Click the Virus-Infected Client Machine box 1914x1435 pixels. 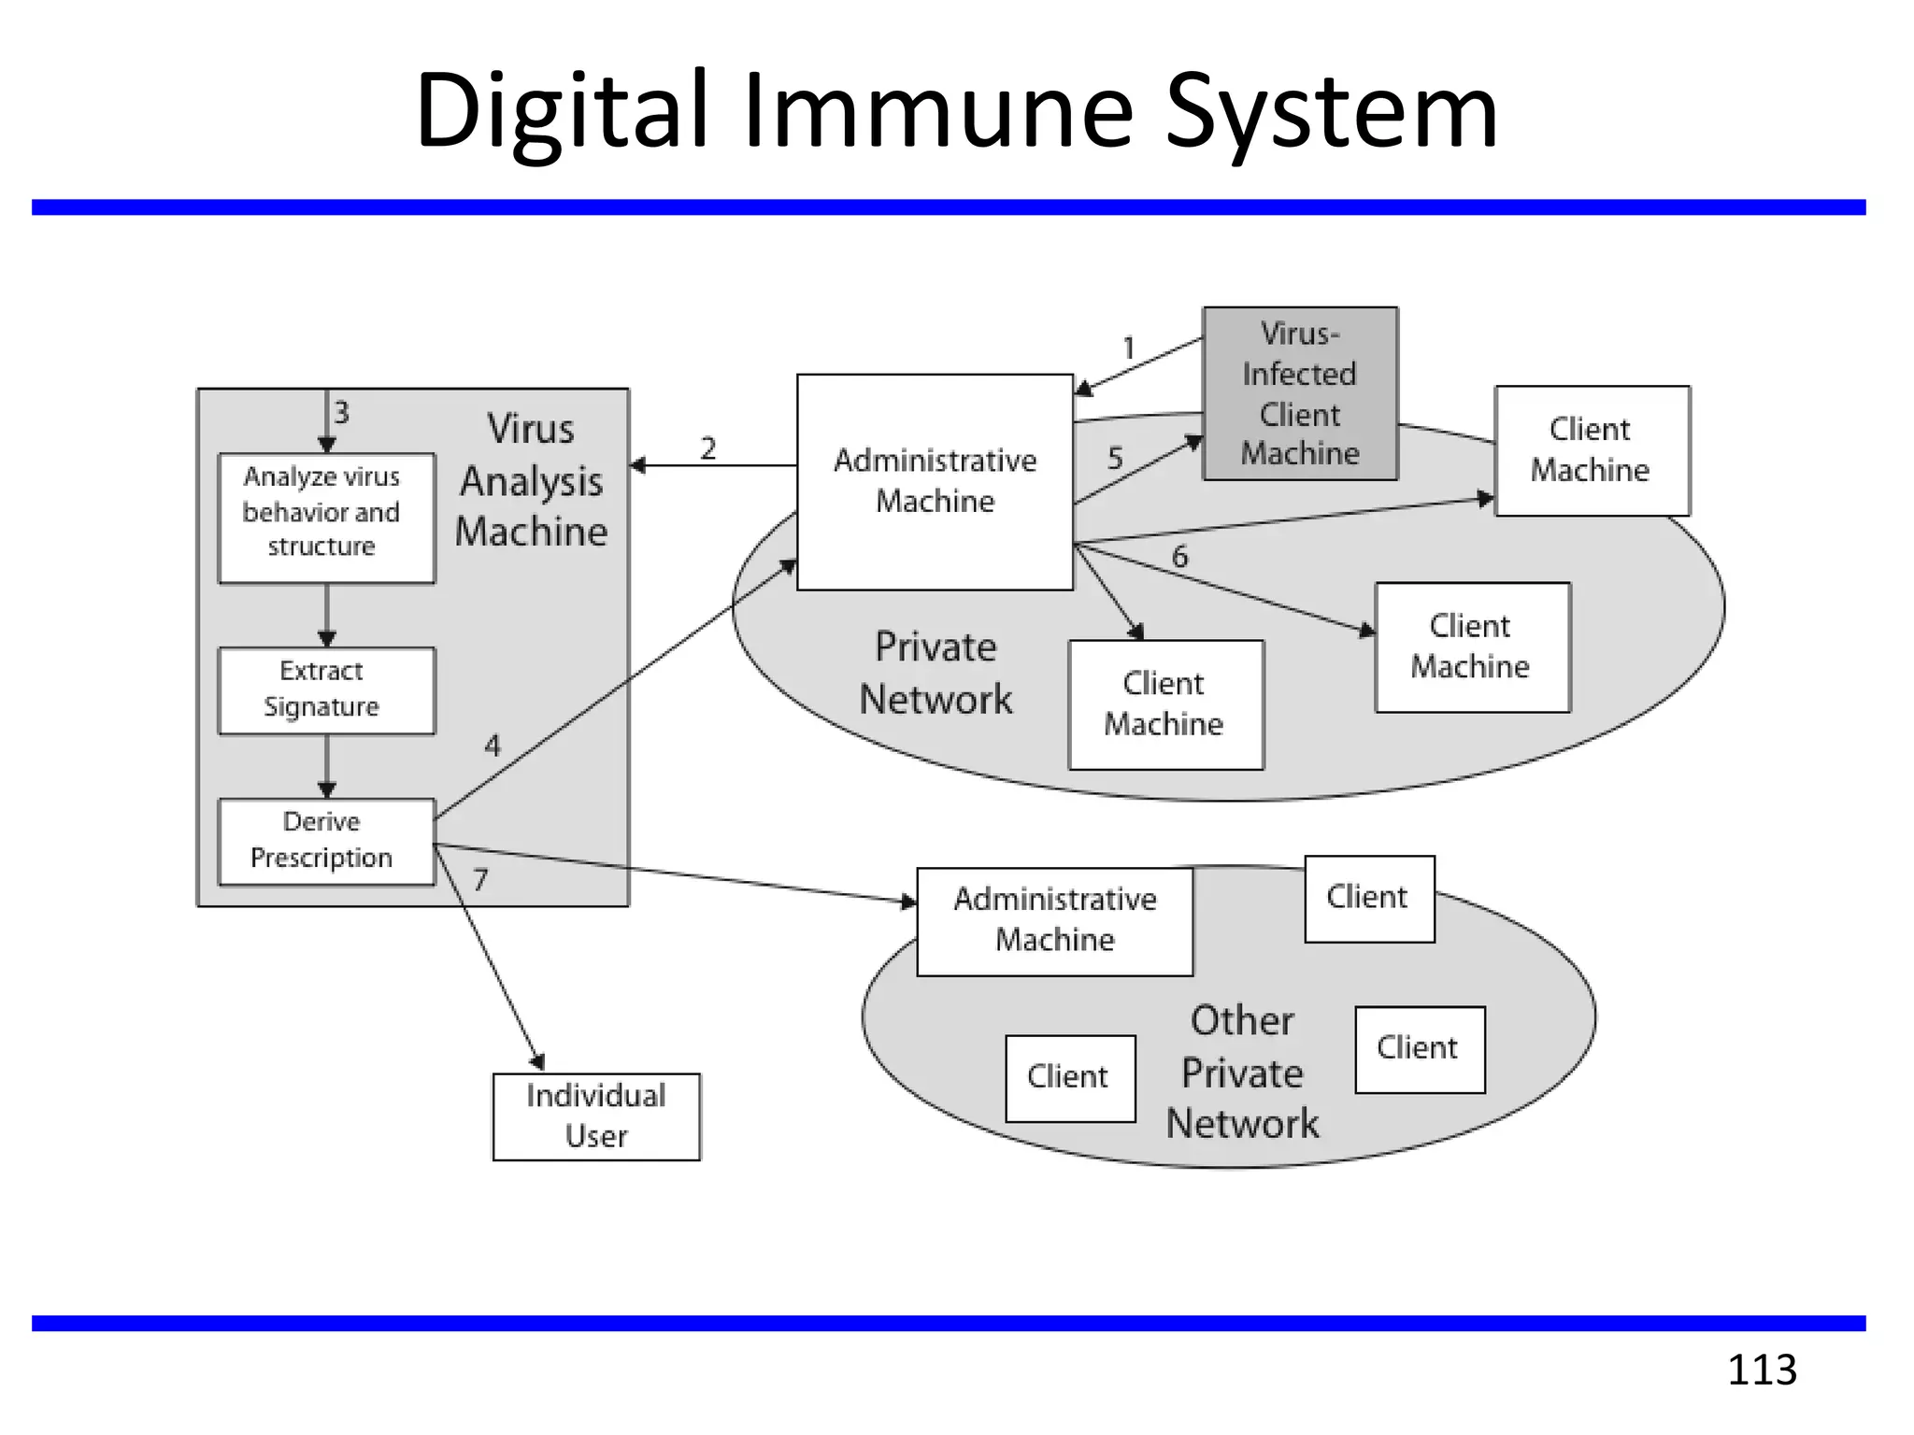pos(1300,393)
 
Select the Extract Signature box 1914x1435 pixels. pos(326,689)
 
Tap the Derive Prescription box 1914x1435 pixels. pos(326,840)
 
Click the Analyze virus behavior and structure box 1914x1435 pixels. pos(326,518)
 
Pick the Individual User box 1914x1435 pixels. pos(596,1115)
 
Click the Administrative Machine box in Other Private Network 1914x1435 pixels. pos(1054,920)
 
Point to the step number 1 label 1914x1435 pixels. pos(1129,348)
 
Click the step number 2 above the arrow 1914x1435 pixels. pos(708,448)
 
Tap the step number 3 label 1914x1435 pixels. pos(342,412)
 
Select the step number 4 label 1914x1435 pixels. pos(493,745)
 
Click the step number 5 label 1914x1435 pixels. pos(1114,458)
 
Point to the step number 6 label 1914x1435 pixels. pos(1179,556)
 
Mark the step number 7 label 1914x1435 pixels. pos(480,879)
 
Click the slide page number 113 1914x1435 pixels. pos(1762,1370)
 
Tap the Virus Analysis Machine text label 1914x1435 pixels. pos(532,480)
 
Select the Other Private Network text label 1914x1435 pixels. pos(1242,1072)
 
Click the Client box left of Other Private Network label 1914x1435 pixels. pos(1069,1077)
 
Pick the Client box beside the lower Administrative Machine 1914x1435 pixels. pos(1368,898)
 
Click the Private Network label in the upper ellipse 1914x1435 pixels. pos(936,673)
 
